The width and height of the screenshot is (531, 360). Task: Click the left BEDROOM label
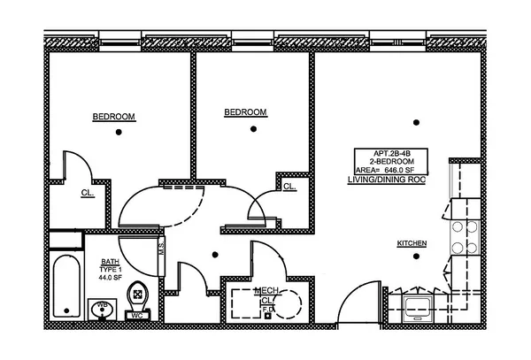coord(113,117)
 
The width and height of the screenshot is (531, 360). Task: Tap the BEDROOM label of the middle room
coord(245,112)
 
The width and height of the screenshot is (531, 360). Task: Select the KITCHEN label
coord(412,243)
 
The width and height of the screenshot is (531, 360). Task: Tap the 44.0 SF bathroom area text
coord(111,278)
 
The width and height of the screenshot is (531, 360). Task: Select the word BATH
coord(110,262)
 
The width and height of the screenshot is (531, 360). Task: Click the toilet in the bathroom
coord(137,293)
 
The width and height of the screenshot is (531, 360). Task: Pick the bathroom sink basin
coord(102,309)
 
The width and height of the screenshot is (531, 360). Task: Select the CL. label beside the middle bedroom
coord(289,187)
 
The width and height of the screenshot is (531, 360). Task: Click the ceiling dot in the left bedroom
coord(117,134)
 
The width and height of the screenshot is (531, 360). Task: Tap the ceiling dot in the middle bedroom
coord(253,129)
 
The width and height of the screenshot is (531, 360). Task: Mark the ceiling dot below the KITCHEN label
coord(412,257)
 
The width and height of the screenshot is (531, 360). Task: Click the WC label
coord(137,314)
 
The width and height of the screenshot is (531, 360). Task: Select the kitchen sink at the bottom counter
coord(416,306)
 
